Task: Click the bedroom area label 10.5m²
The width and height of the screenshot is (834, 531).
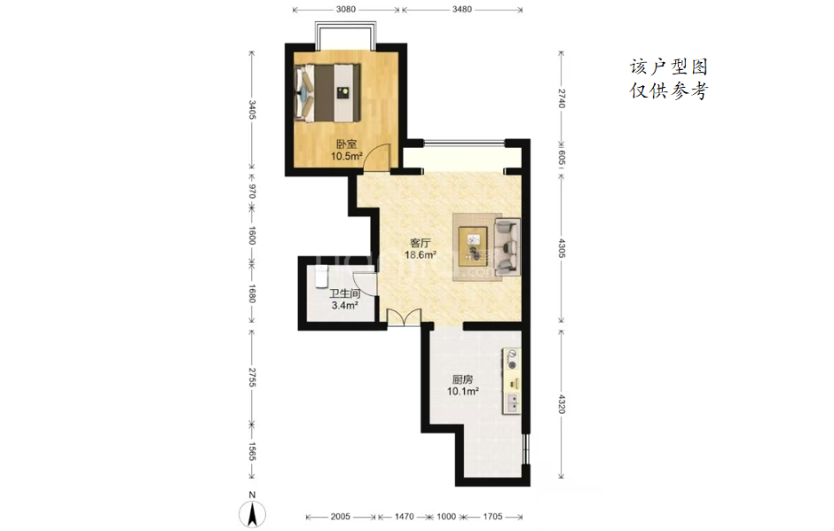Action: coord(346,156)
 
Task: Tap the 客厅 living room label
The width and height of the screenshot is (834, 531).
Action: coord(421,243)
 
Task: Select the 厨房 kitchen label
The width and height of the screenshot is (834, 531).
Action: coord(462,379)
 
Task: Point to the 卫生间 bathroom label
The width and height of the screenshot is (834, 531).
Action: coord(344,293)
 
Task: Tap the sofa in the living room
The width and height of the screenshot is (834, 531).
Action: coord(507,246)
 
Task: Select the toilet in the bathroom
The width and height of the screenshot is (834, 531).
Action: coord(320,278)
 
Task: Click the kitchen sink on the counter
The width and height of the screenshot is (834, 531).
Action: coord(513,403)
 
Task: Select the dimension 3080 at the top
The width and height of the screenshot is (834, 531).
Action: coord(346,9)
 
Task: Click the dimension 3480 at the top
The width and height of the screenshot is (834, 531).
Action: coord(461,9)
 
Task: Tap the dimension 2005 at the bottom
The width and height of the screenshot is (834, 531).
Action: coord(341,516)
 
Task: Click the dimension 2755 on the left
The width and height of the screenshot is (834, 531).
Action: coord(252,377)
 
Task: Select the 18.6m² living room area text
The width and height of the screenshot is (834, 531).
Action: coord(421,254)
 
